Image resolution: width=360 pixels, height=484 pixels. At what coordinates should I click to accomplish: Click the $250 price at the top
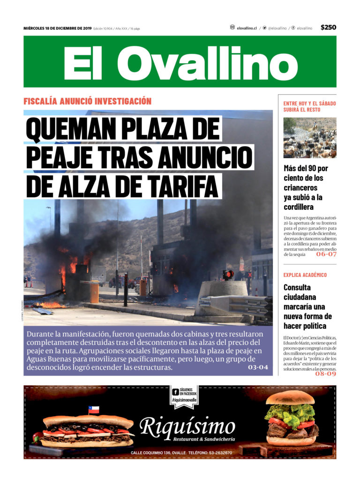point(328,28)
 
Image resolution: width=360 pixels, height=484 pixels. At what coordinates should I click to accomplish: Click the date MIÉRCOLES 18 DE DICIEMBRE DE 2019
point(57,28)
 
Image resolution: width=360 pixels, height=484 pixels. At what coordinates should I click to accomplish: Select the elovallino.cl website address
point(247,28)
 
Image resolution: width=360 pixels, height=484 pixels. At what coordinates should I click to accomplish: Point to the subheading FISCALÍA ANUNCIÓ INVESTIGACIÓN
point(88,101)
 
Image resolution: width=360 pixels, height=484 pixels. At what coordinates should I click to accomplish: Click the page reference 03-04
point(258,367)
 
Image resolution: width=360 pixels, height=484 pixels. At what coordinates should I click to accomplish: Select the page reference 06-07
point(326,254)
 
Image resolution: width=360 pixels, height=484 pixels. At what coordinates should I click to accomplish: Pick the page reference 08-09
point(326,373)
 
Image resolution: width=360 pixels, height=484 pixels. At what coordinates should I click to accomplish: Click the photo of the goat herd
point(309,137)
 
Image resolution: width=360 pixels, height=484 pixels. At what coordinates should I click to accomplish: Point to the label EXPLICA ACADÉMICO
point(305,275)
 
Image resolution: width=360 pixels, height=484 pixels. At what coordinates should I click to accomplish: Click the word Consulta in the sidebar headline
point(297,287)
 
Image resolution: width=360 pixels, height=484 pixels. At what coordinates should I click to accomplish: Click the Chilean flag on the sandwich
point(94,410)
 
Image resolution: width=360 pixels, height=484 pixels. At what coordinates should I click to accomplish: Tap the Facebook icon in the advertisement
point(175,392)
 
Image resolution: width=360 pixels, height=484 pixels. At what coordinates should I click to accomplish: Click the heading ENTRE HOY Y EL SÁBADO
point(309,103)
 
